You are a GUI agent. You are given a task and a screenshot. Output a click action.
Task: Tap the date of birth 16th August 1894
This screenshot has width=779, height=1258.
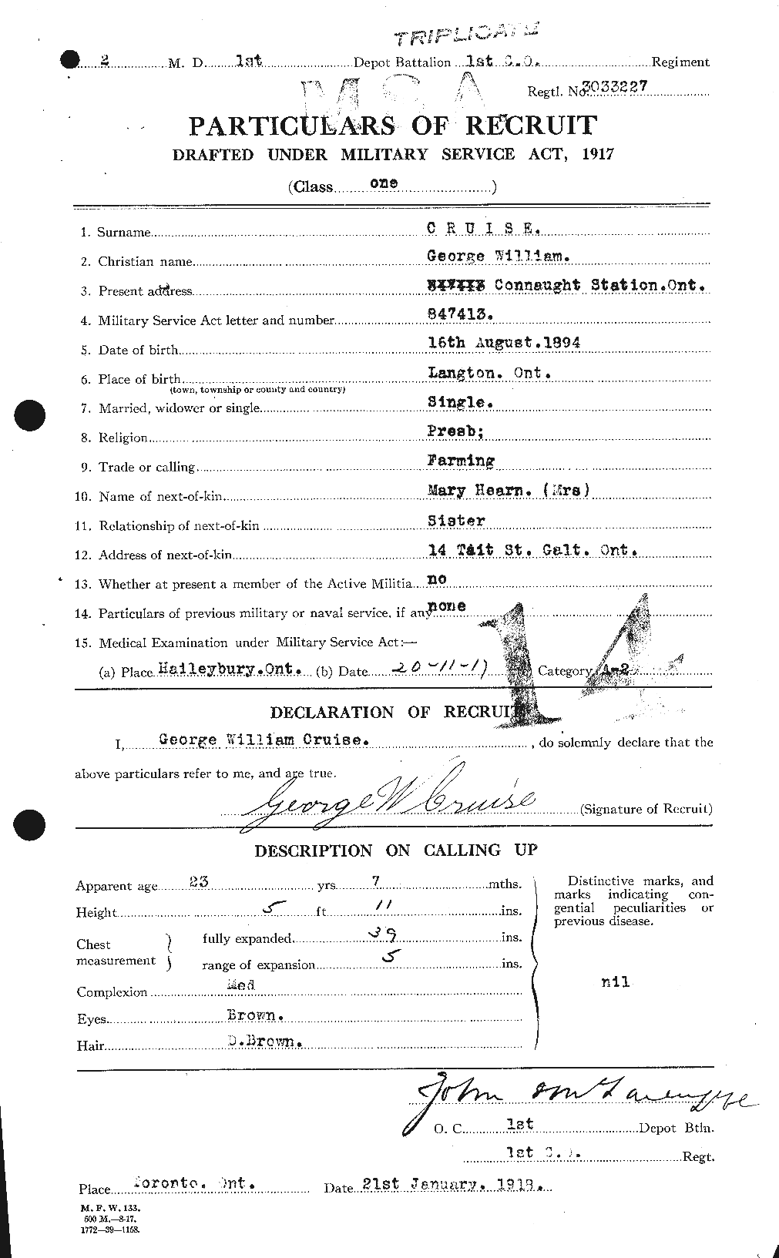pos(504,344)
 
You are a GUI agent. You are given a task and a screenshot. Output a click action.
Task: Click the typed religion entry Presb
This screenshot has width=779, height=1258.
pos(455,431)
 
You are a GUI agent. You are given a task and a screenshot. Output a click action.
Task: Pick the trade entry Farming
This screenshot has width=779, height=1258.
pos(461,461)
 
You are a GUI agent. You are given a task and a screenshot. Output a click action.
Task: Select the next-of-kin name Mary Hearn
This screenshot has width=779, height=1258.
pos(482,489)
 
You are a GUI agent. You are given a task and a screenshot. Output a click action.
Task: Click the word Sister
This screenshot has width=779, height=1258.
pos(456,520)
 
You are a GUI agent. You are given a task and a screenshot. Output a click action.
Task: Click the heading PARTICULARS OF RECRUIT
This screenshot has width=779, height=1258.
pos(393,126)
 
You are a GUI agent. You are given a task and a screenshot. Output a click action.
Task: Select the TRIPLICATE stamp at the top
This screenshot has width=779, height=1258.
pos(465,35)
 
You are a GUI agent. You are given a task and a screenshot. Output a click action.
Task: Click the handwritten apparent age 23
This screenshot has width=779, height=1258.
pos(199,882)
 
